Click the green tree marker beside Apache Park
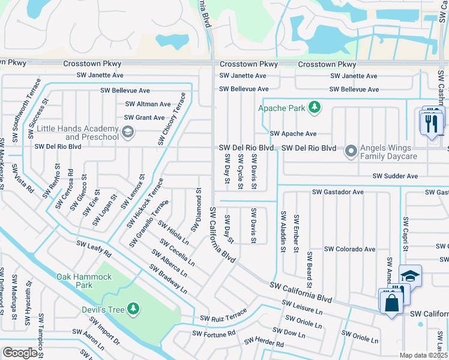coord(313,108)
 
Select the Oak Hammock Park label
coord(84,281)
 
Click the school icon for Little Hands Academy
coord(127,131)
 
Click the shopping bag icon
coord(391,302)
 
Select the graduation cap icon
coord(410,276)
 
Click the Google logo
coord(20,352)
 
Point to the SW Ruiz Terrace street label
coord(223,317)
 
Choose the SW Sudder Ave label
coord(394,176)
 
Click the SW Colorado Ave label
coord(349,249)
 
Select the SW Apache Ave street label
coord(293,134)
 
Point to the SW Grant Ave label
coord(144,118)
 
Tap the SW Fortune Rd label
coord(212,333)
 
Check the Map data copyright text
coord(424,355)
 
